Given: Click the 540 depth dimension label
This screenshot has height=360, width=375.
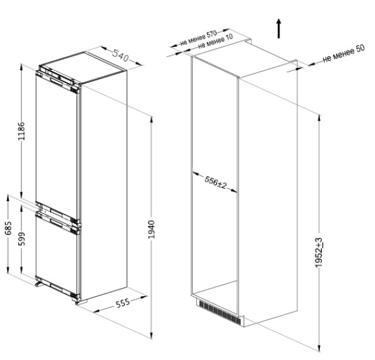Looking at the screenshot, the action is pyautogui.click(x=121, y=55).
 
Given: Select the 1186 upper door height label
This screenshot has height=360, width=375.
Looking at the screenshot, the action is pyautogui.click(x=22, y=131).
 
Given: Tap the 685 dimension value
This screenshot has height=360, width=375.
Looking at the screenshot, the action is pyautogui.click(x=8, y=228).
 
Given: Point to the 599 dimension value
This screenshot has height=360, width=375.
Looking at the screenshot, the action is pyautogui.click(x=22, y=239).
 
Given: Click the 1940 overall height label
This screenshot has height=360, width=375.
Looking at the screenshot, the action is pyautogui.click(x=151, y=230).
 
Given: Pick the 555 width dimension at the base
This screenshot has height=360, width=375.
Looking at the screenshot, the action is pyautogui.click(x=123, y=303).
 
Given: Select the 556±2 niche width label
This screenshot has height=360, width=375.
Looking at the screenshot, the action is pyautogui.click(x=215, y=182).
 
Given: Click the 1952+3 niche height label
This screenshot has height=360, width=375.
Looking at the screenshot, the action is pyautogui.click(x=319, y=252).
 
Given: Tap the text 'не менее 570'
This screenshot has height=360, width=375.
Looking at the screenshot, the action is pyautogui.click(x=199, y=38).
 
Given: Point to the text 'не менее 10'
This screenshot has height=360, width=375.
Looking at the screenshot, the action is pyautogui.click(x=216, y=41).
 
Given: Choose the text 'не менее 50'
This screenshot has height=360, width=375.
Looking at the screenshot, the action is pyautogui.click(x=343, y=53).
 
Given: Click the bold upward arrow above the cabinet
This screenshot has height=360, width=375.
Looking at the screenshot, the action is pyautogui.click(x=279, y=28).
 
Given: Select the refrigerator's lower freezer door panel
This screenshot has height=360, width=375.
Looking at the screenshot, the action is pyautogui.click(x=57, y=254).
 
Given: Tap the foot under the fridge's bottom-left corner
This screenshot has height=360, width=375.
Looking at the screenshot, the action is pyautogui.click(x=39, y=284).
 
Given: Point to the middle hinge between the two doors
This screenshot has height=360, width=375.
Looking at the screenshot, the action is pyautogui.click(x=76, y=223).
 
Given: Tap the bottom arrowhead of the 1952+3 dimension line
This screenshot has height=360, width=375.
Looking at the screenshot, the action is pyautogui.click(x=319, y=348).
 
